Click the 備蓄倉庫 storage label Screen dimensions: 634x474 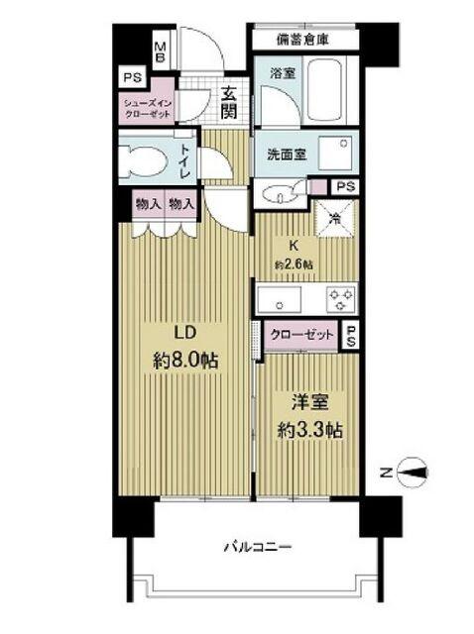click(302, 40)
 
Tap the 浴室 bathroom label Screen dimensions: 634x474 click(282, 73)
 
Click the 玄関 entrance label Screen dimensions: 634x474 click(228, 103)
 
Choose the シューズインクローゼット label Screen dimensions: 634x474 click(147, 107)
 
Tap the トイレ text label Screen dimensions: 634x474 click(185, 161)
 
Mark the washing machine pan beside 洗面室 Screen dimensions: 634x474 click(335, 156)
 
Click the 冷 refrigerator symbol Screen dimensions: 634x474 click(335, 212)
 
